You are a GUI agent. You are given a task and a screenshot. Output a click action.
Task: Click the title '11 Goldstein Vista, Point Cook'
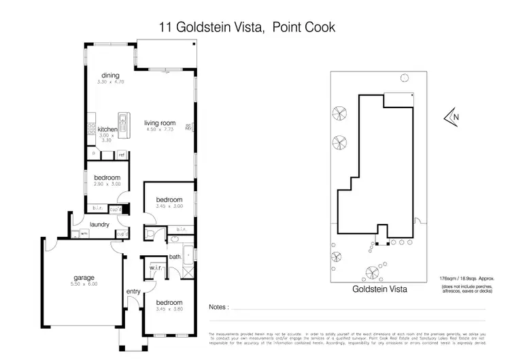coord(248,27)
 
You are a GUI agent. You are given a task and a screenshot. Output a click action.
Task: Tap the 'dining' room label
coord(110,76)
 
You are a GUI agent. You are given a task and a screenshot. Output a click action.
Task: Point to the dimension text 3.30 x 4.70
coord(110,82)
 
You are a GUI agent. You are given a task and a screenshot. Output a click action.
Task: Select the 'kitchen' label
coord(107,129)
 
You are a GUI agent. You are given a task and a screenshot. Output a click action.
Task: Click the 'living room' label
coord(160,123)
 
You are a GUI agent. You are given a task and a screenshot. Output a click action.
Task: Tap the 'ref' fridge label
coord(122,155)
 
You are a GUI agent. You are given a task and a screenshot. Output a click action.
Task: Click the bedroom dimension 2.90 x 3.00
coord(107,184)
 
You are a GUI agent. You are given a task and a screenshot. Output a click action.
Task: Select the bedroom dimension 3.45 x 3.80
coord(169,309)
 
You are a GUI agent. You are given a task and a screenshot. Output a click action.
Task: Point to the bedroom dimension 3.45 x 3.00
coord(169,206)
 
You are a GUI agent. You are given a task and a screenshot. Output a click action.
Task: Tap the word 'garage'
coord(84,278)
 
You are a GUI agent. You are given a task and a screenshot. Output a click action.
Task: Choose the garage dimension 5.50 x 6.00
coord(84,284)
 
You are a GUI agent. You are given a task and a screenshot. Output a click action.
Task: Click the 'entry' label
coord(133,292)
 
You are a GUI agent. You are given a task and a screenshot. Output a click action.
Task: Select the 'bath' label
coord(174,257)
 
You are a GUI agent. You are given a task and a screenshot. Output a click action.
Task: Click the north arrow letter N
coord(456,117)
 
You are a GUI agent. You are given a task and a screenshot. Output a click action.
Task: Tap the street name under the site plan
coord(379,289)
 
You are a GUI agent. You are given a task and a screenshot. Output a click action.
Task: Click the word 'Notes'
coord(218,308)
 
